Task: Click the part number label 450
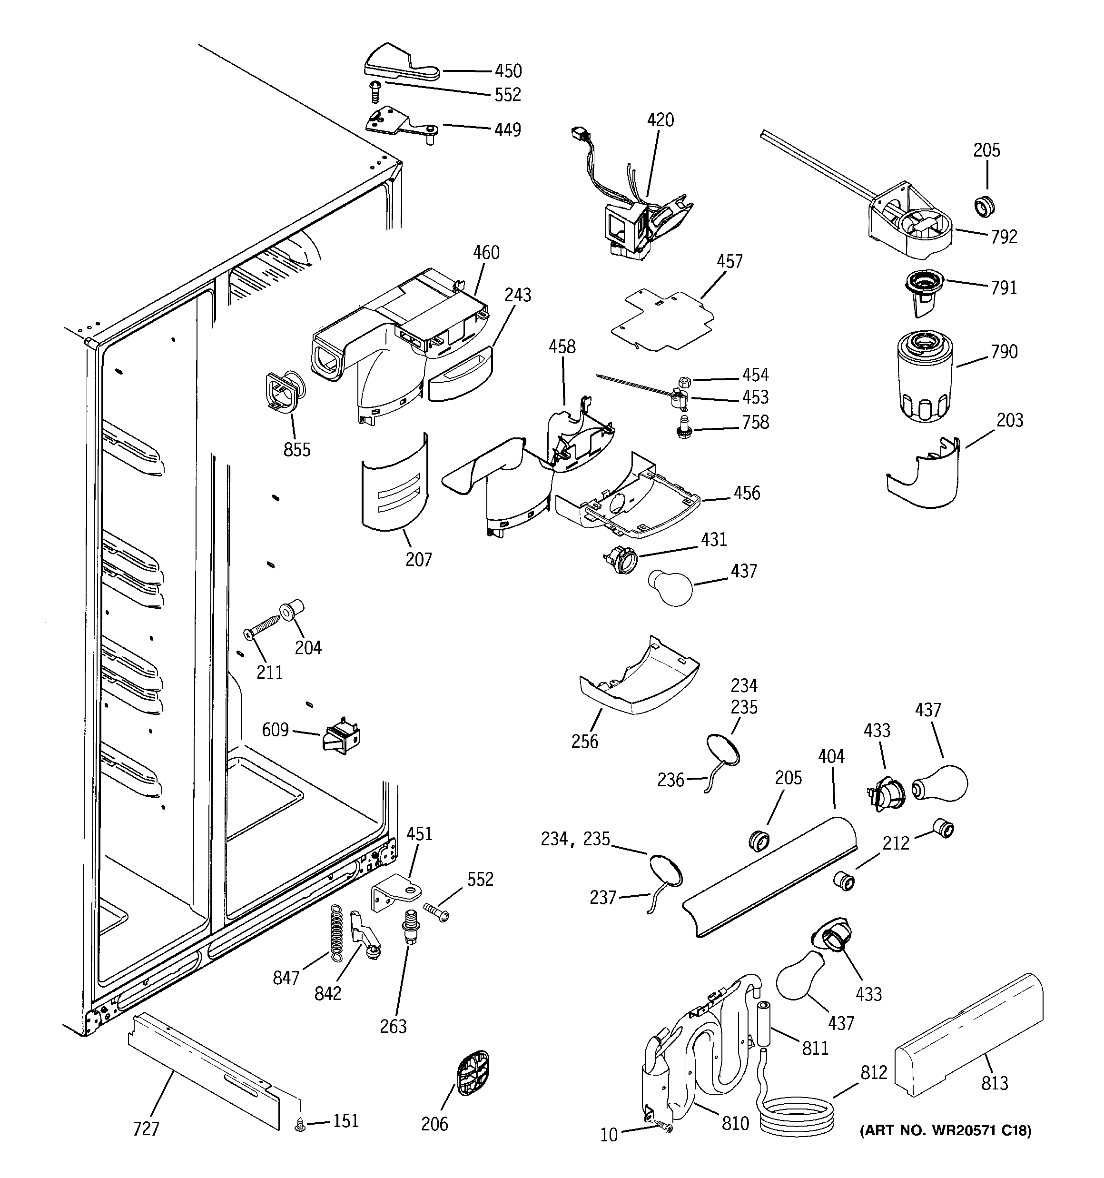click(508, 71)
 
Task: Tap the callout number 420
click(660, 120)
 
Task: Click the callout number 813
click(995, 1083)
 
